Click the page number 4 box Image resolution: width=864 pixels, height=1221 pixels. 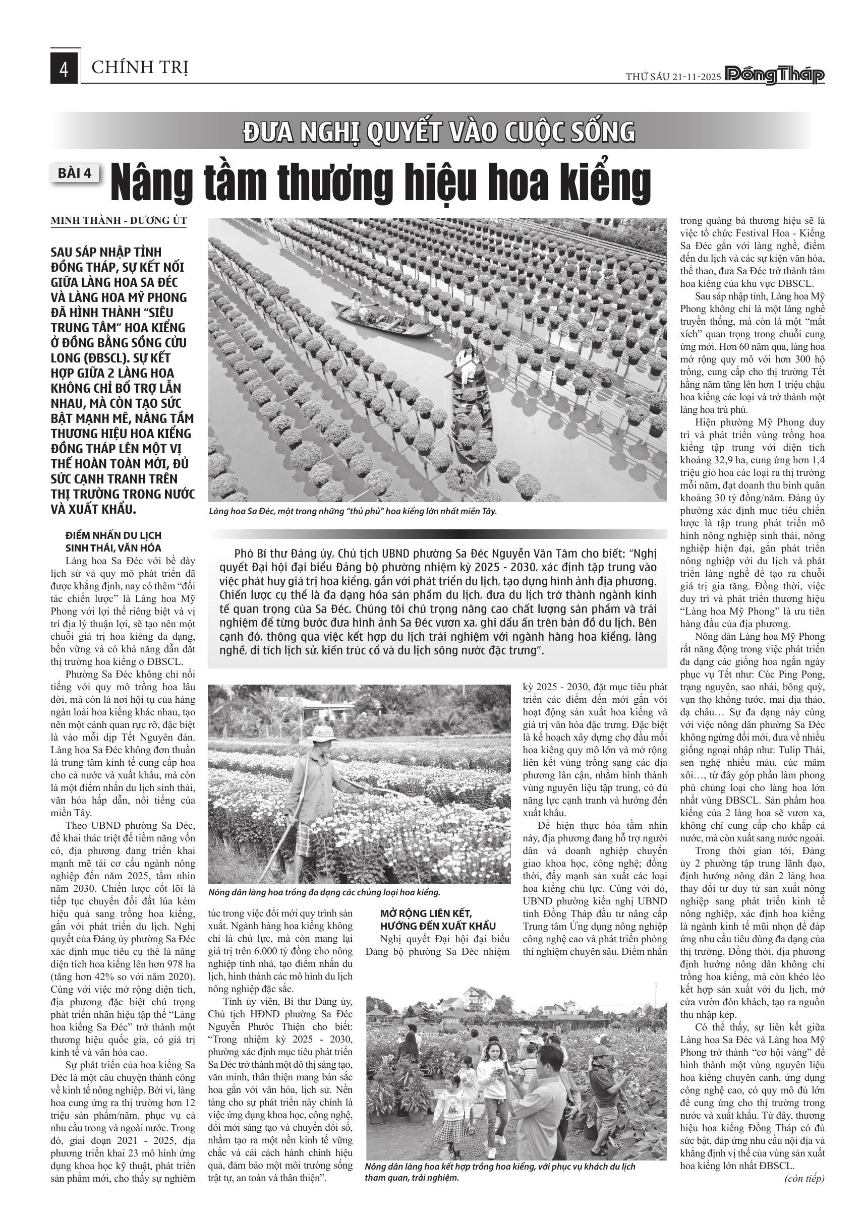point(65,68)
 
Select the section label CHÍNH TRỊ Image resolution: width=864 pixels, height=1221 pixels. point(140,68)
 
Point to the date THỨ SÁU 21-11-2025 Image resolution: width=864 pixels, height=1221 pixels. point(672,77)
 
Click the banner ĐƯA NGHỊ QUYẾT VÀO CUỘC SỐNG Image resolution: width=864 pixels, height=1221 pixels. point(439,132)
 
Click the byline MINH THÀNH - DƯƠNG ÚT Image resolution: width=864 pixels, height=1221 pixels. point(119,220)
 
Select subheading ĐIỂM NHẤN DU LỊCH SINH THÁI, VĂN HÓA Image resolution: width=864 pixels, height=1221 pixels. point(113,541)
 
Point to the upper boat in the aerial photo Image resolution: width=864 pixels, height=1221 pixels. point(386,319)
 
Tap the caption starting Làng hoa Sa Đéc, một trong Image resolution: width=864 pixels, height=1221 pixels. point(353,511)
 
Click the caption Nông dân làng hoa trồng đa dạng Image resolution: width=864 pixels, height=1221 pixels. point(324,892)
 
